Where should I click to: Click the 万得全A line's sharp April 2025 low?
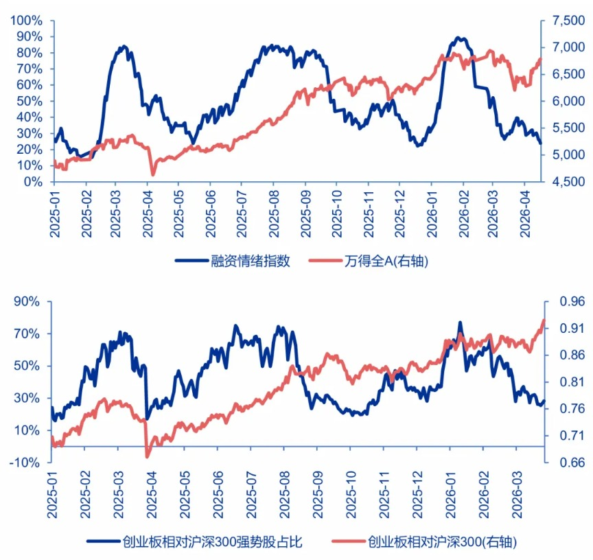point(152,174)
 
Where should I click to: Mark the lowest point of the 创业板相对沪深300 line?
point(148,456)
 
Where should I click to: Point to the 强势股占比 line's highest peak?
point(461,322)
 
